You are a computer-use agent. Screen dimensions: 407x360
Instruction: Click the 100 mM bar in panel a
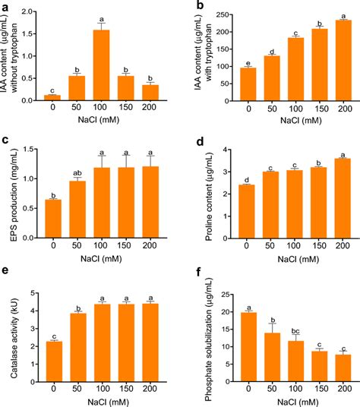[100, 65]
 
